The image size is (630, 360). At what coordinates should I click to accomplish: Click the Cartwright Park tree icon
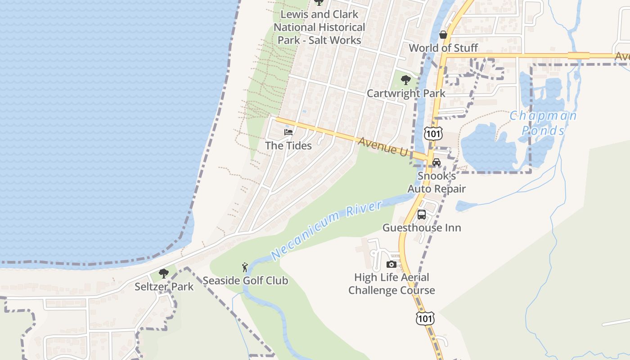click(x=406, y=80)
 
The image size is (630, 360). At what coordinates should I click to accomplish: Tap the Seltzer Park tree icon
click(x=164, y=273)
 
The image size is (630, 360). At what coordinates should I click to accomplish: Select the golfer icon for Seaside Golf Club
click(x=245, y=267)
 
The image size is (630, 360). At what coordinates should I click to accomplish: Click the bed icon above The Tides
click(x=288, y=132)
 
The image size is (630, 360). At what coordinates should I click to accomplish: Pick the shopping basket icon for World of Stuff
click(x=443, y=35)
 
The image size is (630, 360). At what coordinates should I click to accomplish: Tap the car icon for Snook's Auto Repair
click(x=436, y=162)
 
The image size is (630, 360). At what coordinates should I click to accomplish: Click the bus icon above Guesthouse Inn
click(x=422, y=215)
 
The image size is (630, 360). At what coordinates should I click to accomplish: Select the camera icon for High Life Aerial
click(x=391, y=264)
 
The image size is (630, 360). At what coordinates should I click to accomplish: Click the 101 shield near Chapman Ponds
click(x=433, y=134)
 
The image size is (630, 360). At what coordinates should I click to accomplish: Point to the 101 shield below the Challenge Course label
click(x=425, y=319)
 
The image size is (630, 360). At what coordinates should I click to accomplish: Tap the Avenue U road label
click(x=383, y=147)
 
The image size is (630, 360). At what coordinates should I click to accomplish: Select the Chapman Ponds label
click(x=543, y=123)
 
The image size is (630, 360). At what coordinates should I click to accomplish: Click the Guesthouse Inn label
click(x=422, y=228)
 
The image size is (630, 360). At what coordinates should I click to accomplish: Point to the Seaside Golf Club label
click(x=245, y=281)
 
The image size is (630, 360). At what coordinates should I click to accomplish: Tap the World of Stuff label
click(x=443, y=48)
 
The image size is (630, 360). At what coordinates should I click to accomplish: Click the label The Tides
click(x=288, y=145)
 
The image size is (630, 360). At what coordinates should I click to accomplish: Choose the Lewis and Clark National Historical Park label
click(x=319, y=27)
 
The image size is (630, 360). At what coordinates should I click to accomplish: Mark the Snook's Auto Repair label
click(x=436, y=182)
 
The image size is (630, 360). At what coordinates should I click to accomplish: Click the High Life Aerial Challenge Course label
click(x=391, y=283)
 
